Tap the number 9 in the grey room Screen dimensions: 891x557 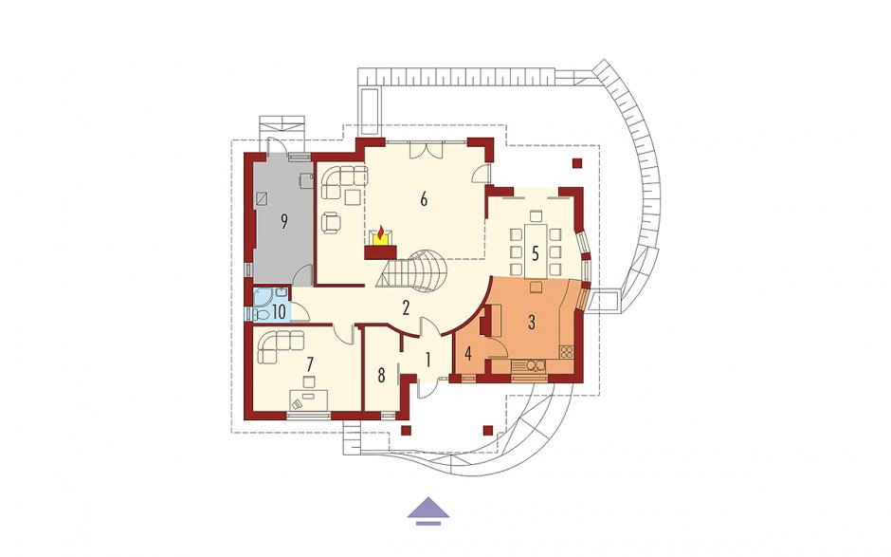[x=284, y=222]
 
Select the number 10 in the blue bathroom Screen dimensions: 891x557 [x=279, y=312]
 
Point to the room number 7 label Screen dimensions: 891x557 [x=310, y=364]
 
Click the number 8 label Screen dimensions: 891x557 [x=381, y=376]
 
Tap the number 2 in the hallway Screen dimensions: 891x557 [x=406, y=308]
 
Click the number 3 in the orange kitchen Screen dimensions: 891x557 [x=532, y=323]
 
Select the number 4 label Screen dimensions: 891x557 [x=468, y=354]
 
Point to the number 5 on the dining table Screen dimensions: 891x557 [x=535, y=253]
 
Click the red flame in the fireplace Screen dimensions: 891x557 [x=380, y=232]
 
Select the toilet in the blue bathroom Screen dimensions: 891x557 [x=262, y=314]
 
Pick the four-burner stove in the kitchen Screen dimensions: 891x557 [x=567, y=352]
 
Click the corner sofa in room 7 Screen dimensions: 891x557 [x=279, y=344]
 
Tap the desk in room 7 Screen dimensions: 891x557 [x=309, y=399]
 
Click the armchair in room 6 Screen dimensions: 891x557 [x=332, y=222]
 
